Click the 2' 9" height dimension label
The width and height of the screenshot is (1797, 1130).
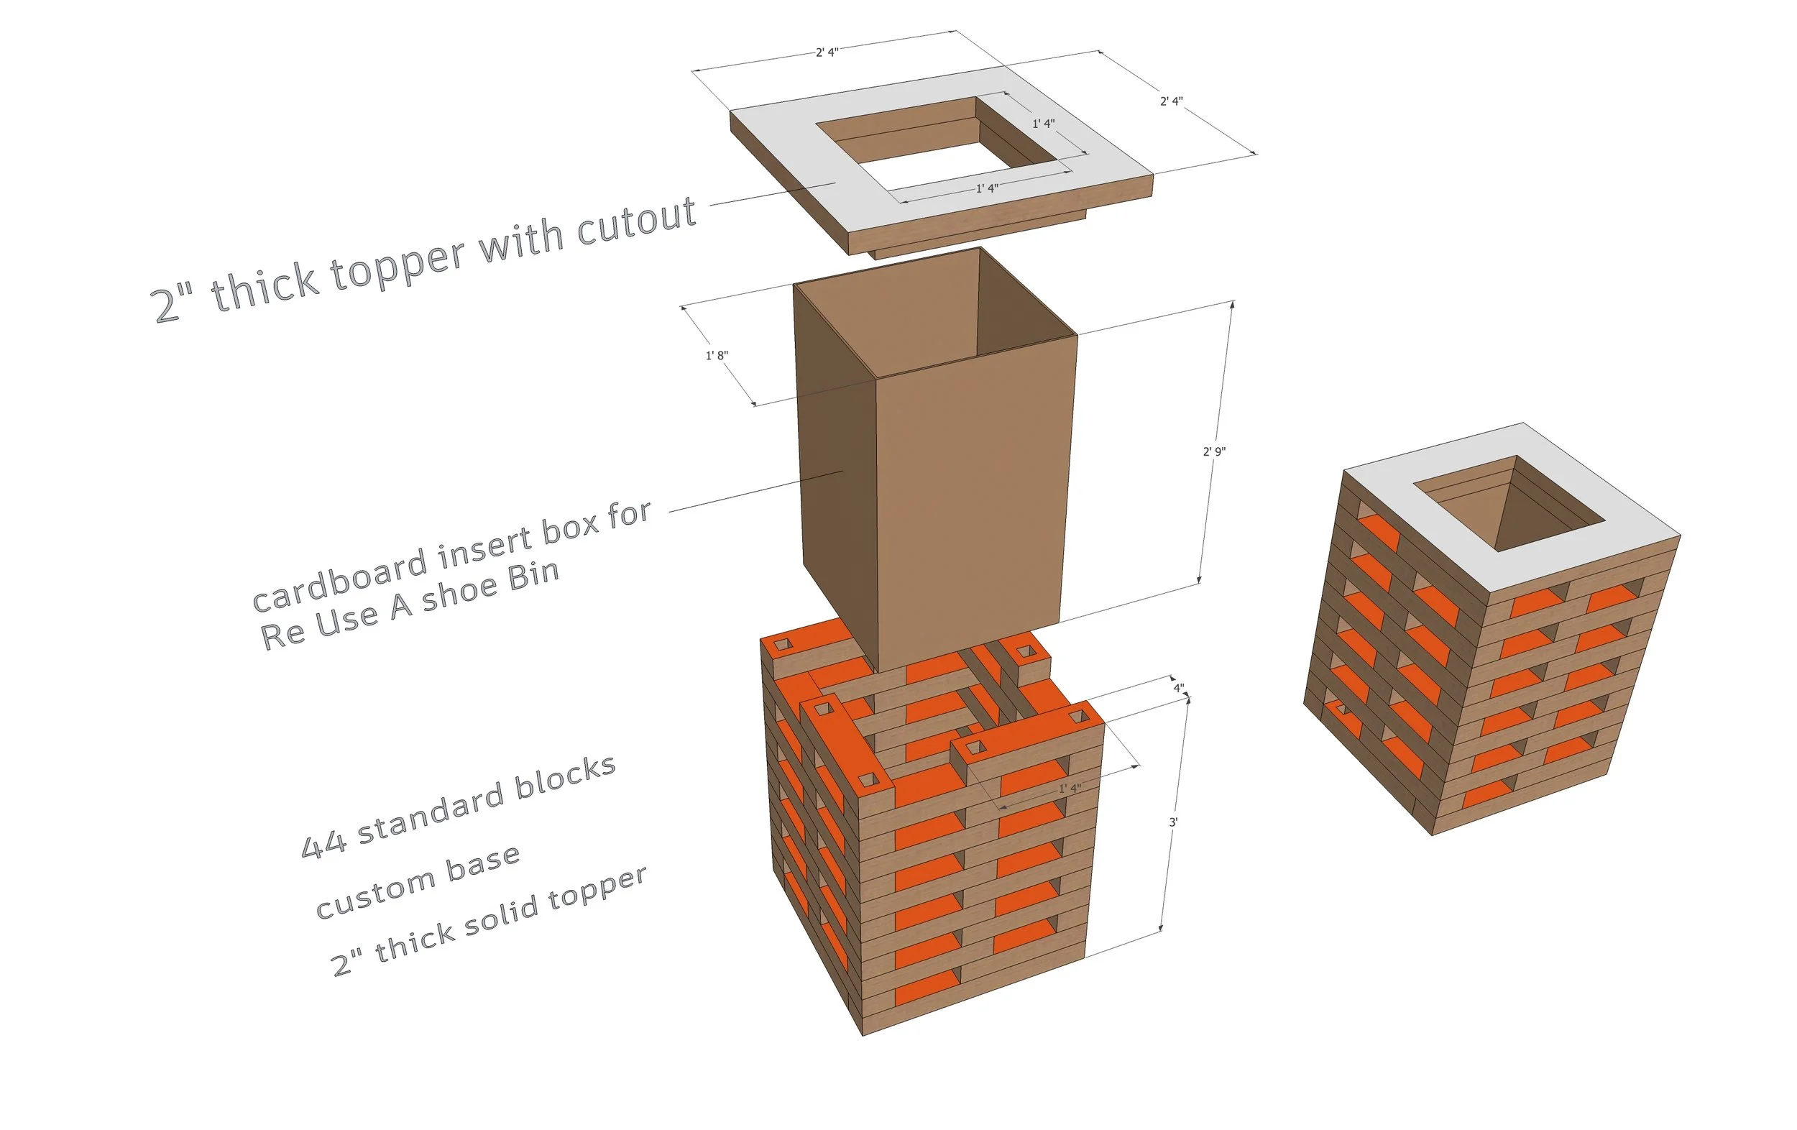click(1213, 451)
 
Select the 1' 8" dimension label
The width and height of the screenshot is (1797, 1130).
click(717, 355)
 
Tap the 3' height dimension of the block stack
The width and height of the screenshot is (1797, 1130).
click(1173, 822)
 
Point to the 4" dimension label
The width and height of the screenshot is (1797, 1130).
click(1178, 688)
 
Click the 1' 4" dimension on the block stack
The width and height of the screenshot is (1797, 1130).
click(1069, 789)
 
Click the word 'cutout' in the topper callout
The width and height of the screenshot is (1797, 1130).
click(637, 221)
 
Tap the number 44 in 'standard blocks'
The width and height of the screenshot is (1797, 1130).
click(323, 845)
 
